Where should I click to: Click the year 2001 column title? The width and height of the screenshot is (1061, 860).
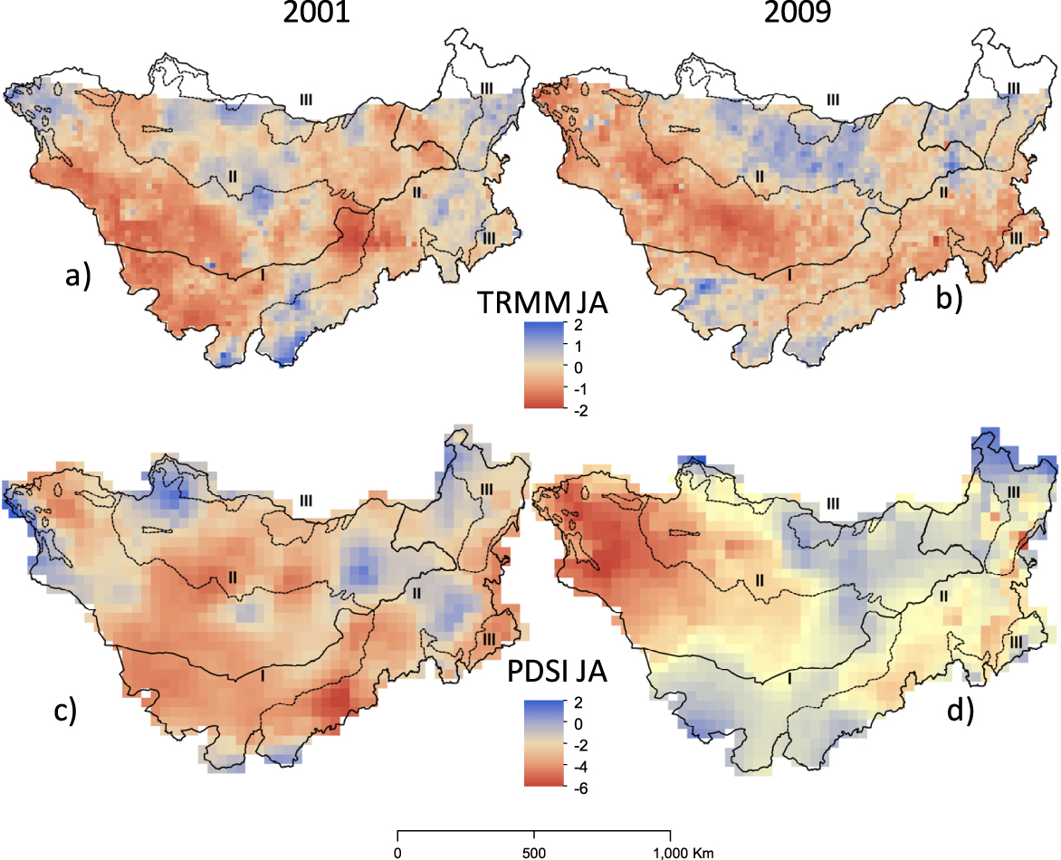click(316, 12)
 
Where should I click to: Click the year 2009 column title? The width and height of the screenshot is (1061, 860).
click(797, 12)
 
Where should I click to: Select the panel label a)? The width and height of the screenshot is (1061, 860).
click(78, 276)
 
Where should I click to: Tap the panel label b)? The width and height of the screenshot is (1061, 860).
click(949, 298)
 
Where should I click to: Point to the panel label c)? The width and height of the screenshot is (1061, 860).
click(65, 711)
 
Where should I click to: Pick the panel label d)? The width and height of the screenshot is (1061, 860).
click(961, 711)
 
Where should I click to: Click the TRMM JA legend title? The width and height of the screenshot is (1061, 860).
click(542, 302)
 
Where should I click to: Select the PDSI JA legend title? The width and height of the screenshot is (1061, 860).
click(557, 671)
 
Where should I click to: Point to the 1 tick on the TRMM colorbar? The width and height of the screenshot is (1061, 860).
click(578, 347)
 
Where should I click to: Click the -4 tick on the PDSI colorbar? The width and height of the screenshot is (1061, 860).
click(580, 768)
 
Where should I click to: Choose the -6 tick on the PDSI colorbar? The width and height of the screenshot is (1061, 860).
click(580, 788)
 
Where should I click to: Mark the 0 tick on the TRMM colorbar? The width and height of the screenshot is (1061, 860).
click(578, 368)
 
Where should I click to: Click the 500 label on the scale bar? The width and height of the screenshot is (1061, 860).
click(534, 853)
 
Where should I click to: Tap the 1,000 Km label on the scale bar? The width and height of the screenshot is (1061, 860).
click(683, 853)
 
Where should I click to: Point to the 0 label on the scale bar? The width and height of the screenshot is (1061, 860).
click(397, 853)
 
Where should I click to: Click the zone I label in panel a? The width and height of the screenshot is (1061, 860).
click(263, 274)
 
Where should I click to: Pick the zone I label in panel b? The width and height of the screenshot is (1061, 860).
click(789, 274)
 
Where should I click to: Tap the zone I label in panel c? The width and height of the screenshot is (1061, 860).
click(263, 675)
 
